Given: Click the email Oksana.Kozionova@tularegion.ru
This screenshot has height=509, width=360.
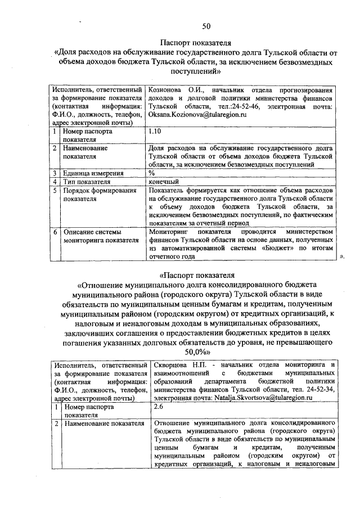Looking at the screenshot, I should click(198, 115).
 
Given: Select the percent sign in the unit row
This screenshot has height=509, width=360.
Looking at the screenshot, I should click(152, 173).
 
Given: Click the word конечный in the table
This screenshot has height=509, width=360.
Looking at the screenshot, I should click(164, 182).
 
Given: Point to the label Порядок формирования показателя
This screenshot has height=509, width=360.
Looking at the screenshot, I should click(100, 195).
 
